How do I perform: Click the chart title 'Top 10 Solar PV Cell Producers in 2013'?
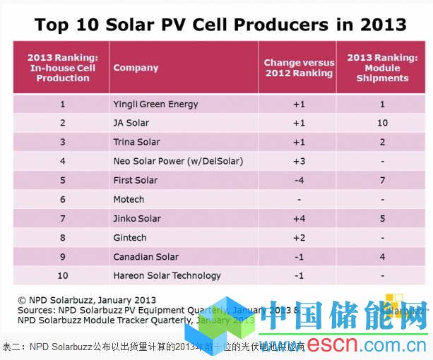click(x=220, y=25)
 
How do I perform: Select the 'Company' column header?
click(x=136, y=68)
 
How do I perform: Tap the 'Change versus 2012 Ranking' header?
click(x=299, y=68)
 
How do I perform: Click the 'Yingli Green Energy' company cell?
click(x=155, y=104)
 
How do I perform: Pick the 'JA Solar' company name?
click(x=131, y=124)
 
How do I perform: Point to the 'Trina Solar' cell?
click(x=136, y=143)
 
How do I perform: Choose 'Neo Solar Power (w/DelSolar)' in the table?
click(x=178, y=162)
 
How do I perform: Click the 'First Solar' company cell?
click(x=135, y=181)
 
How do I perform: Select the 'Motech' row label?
click(x=129, y=200)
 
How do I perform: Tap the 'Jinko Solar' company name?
click(x=137, y=219)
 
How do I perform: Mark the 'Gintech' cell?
click(x=130, y=238)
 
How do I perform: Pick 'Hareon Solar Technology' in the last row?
click(x=167, y=276)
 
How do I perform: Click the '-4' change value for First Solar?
click(x=298, y=181)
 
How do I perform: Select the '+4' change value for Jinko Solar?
click(x=298, y=219)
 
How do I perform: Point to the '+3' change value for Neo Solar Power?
click(x=298, y=162)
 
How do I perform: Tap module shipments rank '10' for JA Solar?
click(x=382, y=124)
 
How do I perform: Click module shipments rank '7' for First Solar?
click(x=382, y=181)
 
